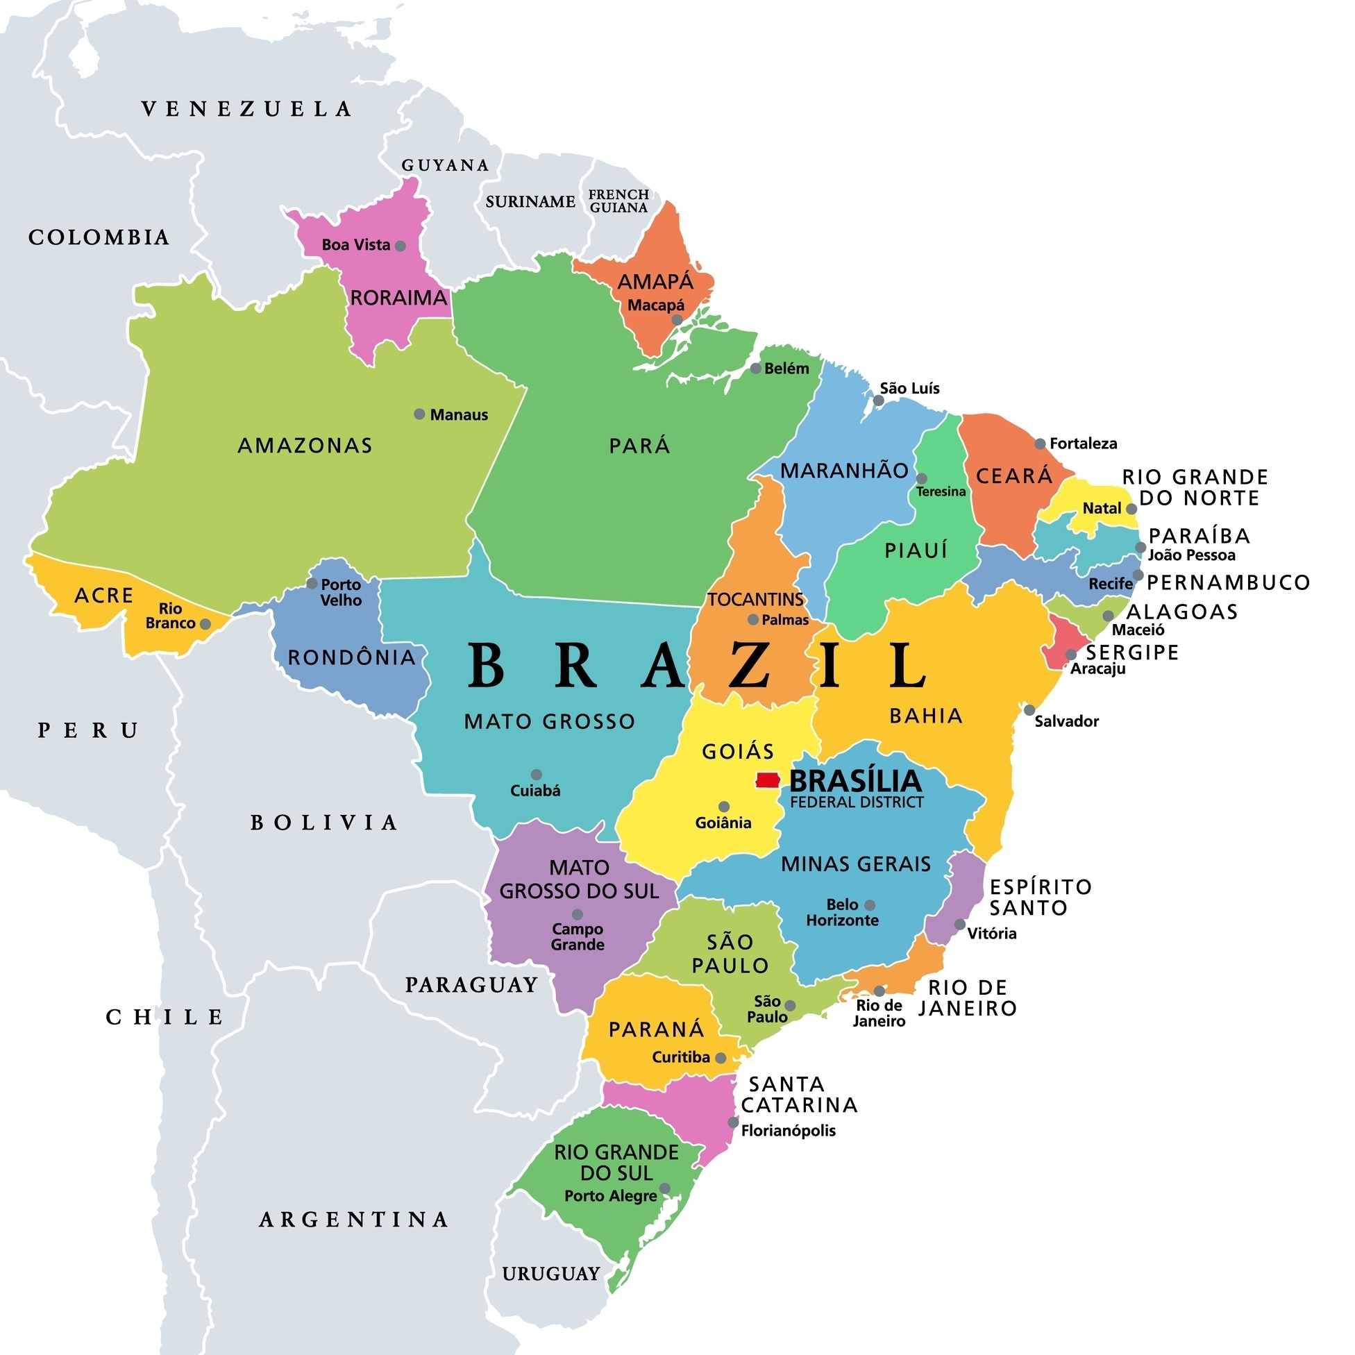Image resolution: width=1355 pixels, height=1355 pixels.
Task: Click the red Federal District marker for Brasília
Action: (x=768, y=780)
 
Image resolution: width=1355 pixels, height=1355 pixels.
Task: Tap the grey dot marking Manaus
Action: (x=419, y=414)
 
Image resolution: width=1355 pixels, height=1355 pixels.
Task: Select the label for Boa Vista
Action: (x=355, y=245)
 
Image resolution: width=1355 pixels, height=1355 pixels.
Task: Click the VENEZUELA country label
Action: (x=247, y=109)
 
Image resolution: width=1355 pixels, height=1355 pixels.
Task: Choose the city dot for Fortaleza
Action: (x=1040, y=444)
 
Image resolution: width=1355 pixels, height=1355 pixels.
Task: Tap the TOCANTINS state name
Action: (x=755, y=599)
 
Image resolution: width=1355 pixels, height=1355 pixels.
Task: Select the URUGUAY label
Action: (x=551, y=1273)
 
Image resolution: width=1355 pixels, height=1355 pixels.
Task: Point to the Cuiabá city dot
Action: (x=536, y=774)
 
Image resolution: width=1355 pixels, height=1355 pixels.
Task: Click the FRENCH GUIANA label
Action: (x=618, y=201)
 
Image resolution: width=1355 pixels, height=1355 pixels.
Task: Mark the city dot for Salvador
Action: (x=1029, y=709)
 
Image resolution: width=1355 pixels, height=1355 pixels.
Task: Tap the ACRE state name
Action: (x=104, y=596)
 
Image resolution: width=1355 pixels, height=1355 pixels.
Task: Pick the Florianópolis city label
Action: (x=789, y=1130)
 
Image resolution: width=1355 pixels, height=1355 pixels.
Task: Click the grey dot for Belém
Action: (x=755, y=368)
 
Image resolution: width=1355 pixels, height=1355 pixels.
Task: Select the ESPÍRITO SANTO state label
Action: (x=1041, y=897)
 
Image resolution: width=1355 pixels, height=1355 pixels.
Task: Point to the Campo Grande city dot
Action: (x=578, y=914)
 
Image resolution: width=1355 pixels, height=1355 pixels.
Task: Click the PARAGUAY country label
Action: (x=471, y=985)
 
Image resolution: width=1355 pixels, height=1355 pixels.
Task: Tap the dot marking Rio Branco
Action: (x=205, y=623)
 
